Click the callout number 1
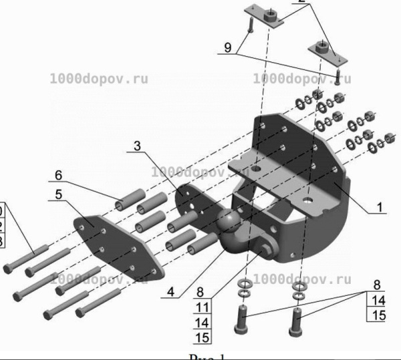378,208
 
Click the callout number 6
59,175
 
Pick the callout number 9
227,47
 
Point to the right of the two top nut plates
322,51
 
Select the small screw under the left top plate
249,26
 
